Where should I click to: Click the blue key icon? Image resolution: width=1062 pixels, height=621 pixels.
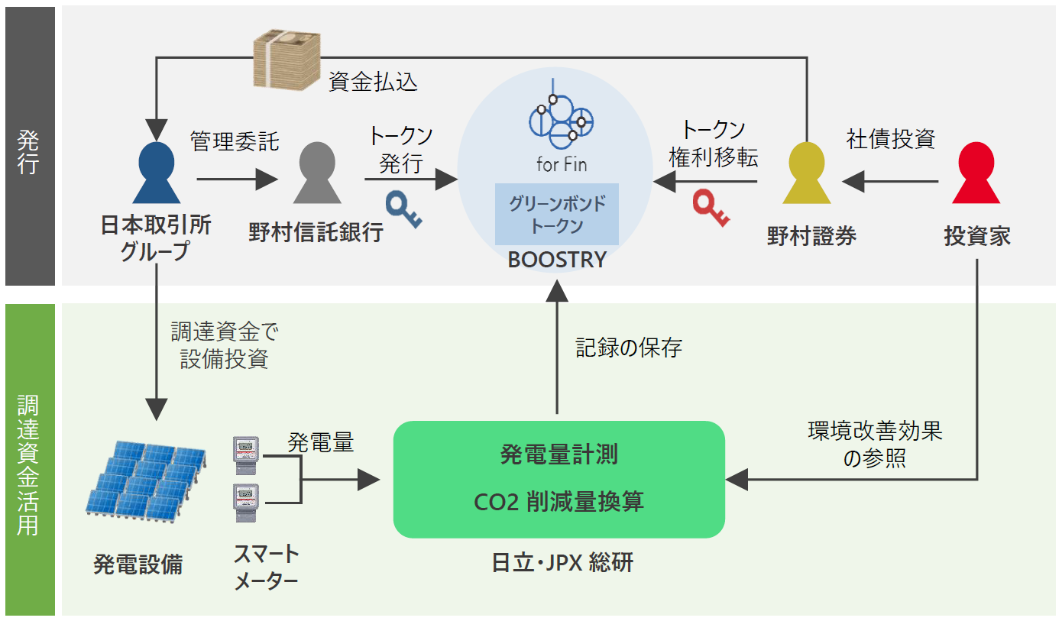tap(403, 210)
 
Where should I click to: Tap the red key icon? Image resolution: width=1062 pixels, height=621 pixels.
tap(711, 209)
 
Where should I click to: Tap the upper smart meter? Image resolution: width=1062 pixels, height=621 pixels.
tap(246, 452)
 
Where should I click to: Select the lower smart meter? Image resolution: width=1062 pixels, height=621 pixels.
tap(246, 502)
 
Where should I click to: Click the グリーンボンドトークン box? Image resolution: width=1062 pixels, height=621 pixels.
tap(557, 215)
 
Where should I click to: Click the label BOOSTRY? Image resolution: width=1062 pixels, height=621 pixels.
tap(557, 260)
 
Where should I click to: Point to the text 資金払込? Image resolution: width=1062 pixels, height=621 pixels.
tap(373, 82)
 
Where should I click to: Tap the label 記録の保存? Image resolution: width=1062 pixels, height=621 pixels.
tap(628, 348)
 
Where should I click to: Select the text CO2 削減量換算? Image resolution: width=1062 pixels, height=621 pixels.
tap(559, 502)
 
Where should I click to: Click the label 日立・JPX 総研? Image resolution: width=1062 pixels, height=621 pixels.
tap(562, 564)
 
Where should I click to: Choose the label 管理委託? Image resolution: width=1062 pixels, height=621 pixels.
tap(235, 141)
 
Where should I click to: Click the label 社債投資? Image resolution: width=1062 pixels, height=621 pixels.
tap(891, 139)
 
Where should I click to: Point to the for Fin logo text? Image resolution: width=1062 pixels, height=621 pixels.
tap(562, 163)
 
